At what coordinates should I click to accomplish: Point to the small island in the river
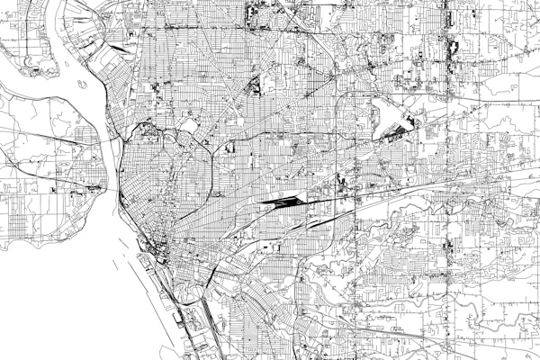tap(82, 85)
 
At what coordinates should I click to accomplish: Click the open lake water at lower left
tap(54, 297)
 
